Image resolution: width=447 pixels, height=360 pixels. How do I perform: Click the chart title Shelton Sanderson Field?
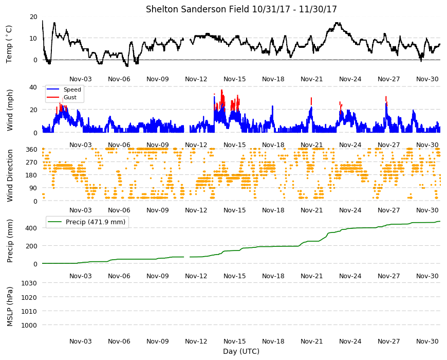[x=197, y=9]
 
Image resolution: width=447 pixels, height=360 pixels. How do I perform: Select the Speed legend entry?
[x=64, y=89]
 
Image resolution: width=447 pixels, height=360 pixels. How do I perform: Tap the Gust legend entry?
[x=61, y=97]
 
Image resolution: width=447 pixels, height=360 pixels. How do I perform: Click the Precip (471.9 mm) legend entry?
[x=87, y=222]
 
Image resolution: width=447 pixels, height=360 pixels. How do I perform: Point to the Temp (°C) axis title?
[x=9, y=44]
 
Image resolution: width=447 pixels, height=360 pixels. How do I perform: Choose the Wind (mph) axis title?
[x=10, y=110]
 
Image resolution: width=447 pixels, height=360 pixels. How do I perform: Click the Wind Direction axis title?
[x=10, y=175]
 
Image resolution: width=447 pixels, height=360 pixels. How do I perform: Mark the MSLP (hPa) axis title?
[x=10, y=307]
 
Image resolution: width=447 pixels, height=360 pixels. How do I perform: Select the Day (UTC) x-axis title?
[x=241, y=351]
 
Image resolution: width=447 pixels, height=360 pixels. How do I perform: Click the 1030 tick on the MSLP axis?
[x=29, y=283]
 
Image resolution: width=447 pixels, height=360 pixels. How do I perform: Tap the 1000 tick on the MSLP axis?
[x=29, y=325]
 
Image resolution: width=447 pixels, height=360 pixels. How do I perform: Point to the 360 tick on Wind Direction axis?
[x=31, y=150]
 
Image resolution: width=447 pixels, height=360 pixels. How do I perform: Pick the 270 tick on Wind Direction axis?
[x=31, y=163]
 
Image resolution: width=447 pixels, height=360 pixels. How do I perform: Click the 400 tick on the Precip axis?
[x=31, y=228]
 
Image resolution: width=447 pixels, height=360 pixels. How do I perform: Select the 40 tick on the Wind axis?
[x=33, y=87]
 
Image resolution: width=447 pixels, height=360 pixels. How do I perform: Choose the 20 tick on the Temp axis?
[x=33, y=17]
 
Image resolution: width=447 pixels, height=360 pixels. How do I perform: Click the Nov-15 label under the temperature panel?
[x=235, y=79]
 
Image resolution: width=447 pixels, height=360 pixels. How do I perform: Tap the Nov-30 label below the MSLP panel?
[x=427, y=341]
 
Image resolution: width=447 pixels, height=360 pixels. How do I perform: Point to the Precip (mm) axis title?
[x=10, y=241]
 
